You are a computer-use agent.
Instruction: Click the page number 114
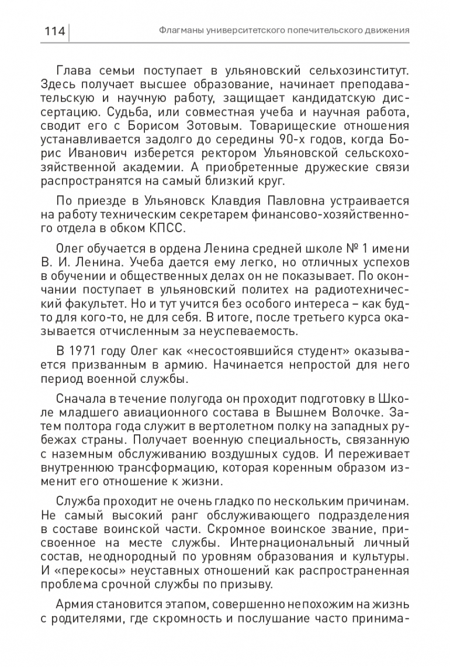tap(53, 30)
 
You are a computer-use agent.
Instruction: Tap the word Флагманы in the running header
tap(179, 30)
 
